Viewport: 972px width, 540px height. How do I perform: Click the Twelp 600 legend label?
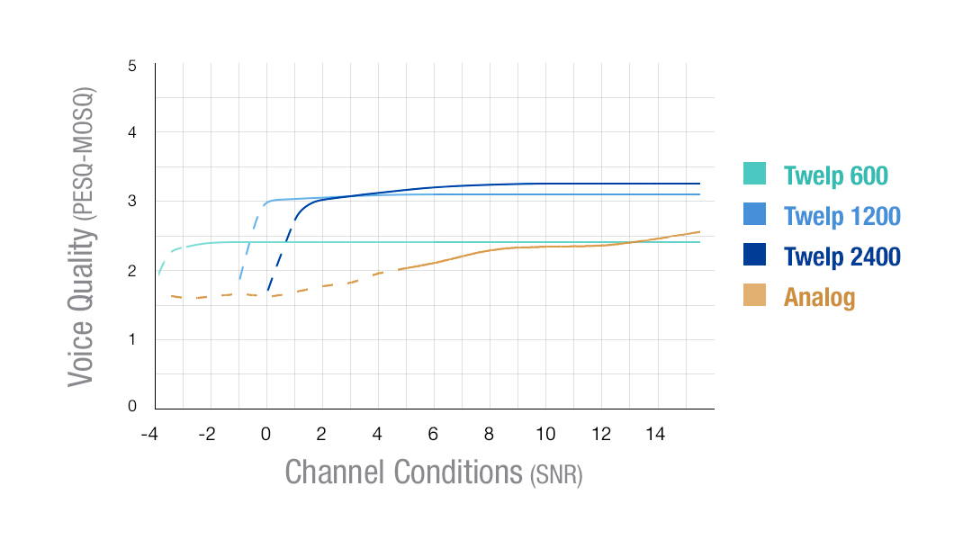(835, 175)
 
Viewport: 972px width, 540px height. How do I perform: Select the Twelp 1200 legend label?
(841, 216)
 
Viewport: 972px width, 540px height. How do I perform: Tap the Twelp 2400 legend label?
(841, 256)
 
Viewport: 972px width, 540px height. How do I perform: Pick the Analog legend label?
(819, 297)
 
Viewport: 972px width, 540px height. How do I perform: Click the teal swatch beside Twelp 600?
(754, 174)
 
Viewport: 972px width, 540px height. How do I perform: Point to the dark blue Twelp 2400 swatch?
(754, 255)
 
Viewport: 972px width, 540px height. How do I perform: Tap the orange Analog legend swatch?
(754, 295)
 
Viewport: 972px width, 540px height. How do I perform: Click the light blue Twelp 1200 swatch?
(754, 214)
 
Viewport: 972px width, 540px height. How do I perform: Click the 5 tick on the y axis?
(132, 66)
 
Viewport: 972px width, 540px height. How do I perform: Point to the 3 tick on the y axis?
(132, 201)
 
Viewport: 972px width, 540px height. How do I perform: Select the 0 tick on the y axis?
(132, 406)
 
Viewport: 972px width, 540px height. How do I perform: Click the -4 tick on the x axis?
(149, 435)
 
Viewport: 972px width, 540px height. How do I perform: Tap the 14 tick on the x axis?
(656, 435)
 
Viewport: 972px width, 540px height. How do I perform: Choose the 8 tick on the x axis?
(489, 435)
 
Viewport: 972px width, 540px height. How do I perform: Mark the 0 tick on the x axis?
(265, 435)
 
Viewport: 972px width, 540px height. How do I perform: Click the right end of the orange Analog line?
(699, 231)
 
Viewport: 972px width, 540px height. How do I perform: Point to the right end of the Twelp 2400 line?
(699, 184)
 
